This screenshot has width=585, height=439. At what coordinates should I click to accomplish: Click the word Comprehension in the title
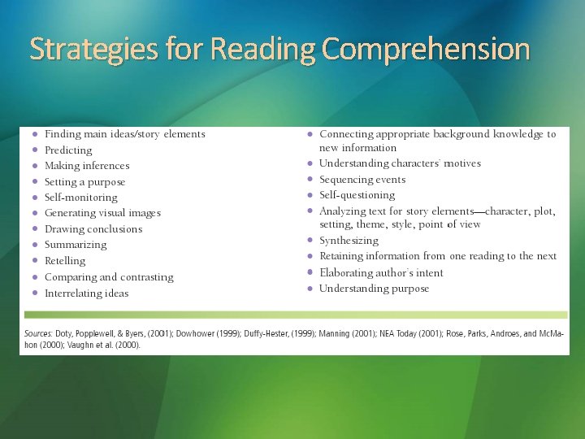(x=426, y=50)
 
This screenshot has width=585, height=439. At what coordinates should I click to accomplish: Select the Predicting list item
(x=68, y=150)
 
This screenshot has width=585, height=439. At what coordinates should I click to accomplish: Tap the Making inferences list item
(x=87, y=166)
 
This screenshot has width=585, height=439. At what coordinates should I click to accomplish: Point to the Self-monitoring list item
(x=80, y=198)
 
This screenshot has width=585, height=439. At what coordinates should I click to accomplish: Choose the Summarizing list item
(x=76, y=245)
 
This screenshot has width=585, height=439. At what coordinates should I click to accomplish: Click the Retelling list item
(x=65, y=261)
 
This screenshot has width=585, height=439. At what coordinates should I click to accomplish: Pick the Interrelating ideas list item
(x=86, y=293)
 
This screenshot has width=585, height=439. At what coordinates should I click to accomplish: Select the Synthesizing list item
(x=349, y=241)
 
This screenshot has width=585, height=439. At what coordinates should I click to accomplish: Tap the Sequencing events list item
(x=362, y=180)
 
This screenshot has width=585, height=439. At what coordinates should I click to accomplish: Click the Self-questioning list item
(x=357, y=195)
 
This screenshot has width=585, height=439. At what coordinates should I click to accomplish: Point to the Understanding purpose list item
(x=374, y=289)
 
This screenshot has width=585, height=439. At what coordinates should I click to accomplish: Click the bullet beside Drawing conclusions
(x=34, y=229)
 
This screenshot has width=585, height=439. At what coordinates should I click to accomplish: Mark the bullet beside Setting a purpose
(x=34, y=182)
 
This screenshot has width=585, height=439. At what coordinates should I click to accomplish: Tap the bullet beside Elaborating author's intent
(x=310, y=273)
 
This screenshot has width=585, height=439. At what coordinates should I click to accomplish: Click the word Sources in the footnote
(x=37, y=333)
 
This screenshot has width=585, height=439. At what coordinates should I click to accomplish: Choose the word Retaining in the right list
(x=341, y=256)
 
